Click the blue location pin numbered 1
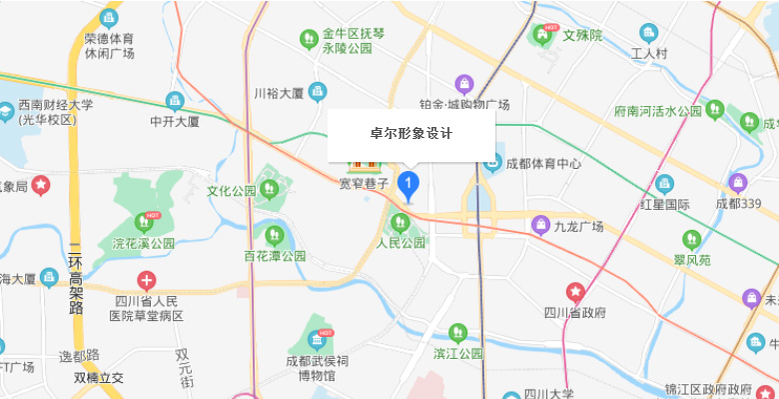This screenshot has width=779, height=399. [x=407, y=184]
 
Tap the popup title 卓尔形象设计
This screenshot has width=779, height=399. [x=411, y=133]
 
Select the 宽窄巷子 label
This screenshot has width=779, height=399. [x=364, y=183]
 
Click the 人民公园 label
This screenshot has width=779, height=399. [x=400, y=243]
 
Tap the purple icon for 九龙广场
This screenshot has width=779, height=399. [x=541, y=225]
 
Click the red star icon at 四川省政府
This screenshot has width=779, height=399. [x=576, y=292]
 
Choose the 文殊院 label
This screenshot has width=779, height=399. [x=583, y=35]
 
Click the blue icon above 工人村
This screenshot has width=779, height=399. [x=649, y=33]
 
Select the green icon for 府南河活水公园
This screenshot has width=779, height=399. [x=714, y=109]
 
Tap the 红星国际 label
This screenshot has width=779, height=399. [x=664, y=204]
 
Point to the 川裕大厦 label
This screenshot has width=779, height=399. [x=279, y=93]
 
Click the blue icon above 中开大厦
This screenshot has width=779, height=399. [x=175, y=101]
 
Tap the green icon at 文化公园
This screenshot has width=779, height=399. [x=268, y=187]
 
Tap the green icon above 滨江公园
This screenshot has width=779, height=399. [x=458, y=332]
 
